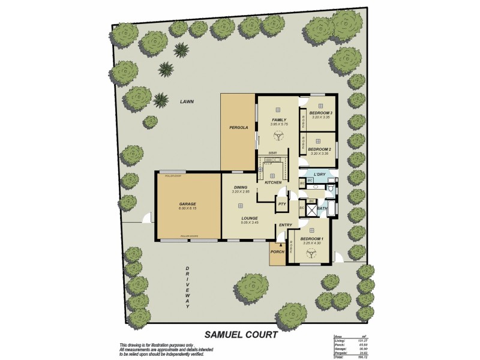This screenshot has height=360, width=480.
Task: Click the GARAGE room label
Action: coord(187,203)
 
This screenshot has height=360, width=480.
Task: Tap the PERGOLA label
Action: coord(239,128)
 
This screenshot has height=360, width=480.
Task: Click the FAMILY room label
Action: coord(278,120)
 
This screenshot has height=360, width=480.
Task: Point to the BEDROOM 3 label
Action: coord(320,113)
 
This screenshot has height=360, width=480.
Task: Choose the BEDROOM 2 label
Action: coord(320,149)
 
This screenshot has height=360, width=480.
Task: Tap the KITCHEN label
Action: coord(273,182)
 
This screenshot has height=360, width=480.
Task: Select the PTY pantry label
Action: coord(282,205)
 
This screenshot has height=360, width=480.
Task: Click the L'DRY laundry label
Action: coord(320,174)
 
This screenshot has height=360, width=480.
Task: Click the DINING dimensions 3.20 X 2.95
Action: coord(241,192)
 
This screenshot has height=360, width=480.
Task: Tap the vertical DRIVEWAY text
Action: coord(187,287)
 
